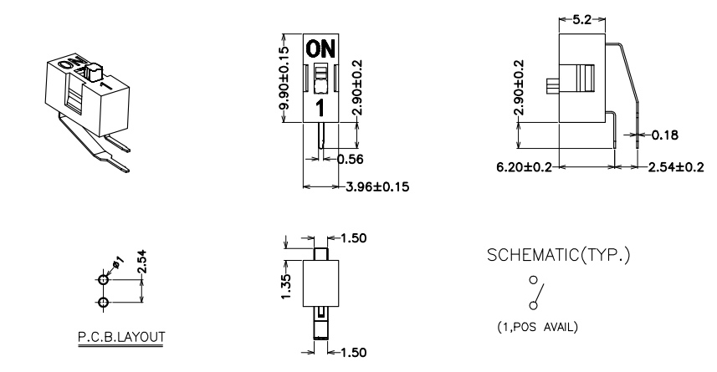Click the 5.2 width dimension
[x=581, y=20]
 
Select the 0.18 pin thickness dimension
[x=665, y=135]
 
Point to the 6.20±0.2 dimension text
[x=525, y=167]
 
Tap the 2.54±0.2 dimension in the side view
[x=676, y=167]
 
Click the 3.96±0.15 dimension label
[x=377, y=187]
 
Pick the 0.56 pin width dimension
[x=351, y=159]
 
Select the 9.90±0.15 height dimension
[x=284, y=78]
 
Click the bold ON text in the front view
[x=320, y=48]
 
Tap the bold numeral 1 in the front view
[x=320, y=109]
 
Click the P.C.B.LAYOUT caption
[x=121, y=337]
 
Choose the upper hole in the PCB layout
[x=104, y=280]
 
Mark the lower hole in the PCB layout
[x=104, y=303]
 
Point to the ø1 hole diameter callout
[x=117, y=262]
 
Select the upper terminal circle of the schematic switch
[x=533, y=280]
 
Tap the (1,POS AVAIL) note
[x=538, y=327]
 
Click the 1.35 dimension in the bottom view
[x=286, y=287]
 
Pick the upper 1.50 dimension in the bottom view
[x=353, y=238]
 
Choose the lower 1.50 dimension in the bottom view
[x=353, y=352]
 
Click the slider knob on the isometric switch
[x=93, y=72]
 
